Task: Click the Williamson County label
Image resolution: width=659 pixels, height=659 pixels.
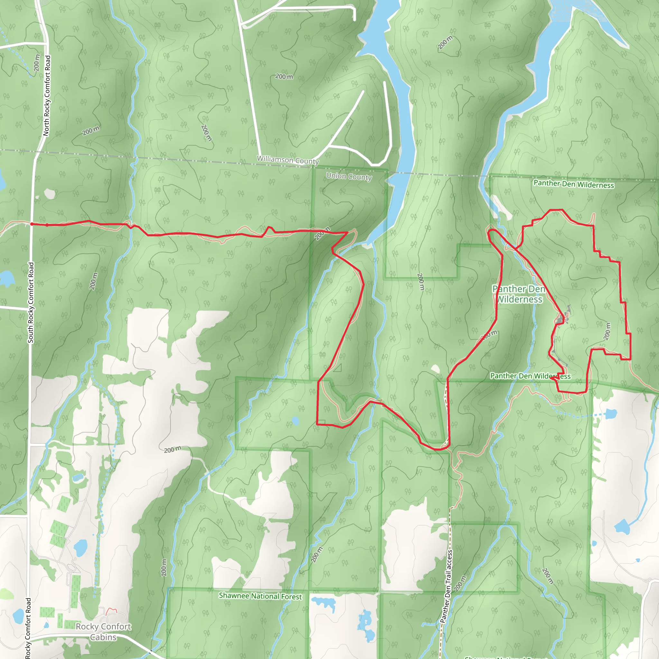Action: coord(288,160)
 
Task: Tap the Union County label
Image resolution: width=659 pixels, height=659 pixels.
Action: coord(348,177)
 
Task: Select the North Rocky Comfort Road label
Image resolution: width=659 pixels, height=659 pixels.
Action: coord(47,96)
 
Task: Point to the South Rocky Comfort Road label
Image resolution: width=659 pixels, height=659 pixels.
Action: coord(31,302)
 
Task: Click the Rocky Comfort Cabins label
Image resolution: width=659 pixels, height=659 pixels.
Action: coord(103,631)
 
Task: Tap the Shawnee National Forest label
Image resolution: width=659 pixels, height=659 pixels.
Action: coord(260,596)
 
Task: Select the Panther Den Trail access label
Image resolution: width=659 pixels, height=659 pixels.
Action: coord(446,586)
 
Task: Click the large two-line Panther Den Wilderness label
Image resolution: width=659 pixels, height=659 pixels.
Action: coord(519,294)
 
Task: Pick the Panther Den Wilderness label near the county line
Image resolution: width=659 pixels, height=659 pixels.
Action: coord(574,184)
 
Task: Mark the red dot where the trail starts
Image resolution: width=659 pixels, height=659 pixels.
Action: coord(32,224)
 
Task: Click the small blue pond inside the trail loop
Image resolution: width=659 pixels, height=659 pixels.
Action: coord(295,421)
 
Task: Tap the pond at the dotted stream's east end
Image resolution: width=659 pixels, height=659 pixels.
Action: coord(611,414)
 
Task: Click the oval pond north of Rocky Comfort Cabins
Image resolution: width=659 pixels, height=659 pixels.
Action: coord(80,548)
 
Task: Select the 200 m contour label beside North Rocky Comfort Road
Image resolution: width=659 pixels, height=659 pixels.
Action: coord(37,63)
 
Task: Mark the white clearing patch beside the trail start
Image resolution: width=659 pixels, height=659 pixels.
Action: coord(50,194)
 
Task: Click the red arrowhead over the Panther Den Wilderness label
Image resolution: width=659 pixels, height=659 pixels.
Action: coord(553,377)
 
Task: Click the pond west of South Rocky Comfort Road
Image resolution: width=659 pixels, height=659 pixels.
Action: coord(6,278)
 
